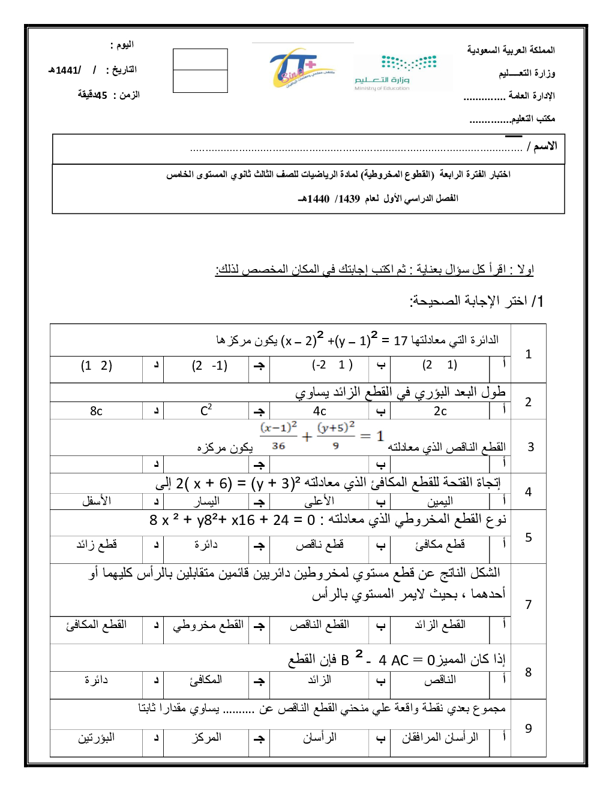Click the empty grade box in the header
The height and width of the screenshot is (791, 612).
tap(200, 71)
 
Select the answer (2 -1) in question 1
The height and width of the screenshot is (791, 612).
tap(209, 366)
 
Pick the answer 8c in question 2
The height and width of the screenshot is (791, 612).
tap(96, 411)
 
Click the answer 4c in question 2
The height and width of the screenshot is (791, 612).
tap(320, 411)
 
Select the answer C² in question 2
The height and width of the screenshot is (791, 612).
tap(206, 410)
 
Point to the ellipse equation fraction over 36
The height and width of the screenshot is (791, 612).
tap(278, 436)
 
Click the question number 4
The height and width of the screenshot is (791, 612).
tap(528, 492)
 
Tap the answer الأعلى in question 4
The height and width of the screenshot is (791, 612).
tap(319, 501)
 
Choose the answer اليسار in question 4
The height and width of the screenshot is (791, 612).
tap(206, 501)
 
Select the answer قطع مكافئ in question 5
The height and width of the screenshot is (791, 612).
tap(440, 545)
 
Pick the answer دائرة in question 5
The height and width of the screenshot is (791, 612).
tap(206, 545)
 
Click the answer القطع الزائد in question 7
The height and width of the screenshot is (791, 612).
tap(440, 624)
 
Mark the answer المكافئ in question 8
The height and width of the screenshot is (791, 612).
tap(206, 680)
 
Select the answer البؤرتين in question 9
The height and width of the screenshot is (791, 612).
tap(96, 738)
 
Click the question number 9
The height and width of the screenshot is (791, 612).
tap(528, 728)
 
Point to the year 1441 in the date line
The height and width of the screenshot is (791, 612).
tap(67, 70)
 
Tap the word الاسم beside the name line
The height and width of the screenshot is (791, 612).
tap(545, 146)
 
